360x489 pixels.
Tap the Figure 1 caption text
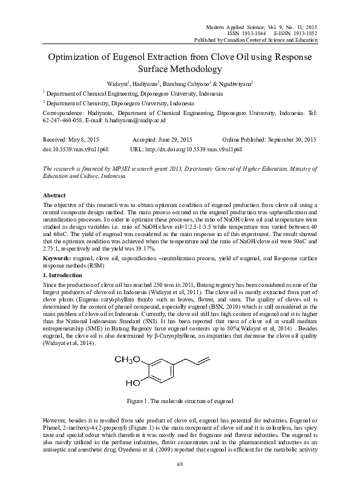point(180,401)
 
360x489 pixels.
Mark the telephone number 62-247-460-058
point(62,120)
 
